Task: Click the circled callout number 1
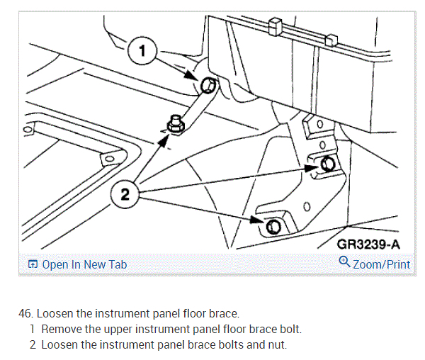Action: (142, 51)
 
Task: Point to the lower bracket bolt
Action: (273, 227)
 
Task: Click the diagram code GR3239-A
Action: (369, 244)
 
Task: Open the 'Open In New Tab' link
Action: (84, 264)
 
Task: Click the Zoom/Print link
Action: (382, 264)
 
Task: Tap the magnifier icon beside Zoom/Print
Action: (345, 263)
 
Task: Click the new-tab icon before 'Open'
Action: (32, 264)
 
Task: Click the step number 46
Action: (25, 313)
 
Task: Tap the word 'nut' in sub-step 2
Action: (275, 345)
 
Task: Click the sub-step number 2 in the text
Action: (33, 345)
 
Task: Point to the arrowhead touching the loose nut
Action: (165, 140)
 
